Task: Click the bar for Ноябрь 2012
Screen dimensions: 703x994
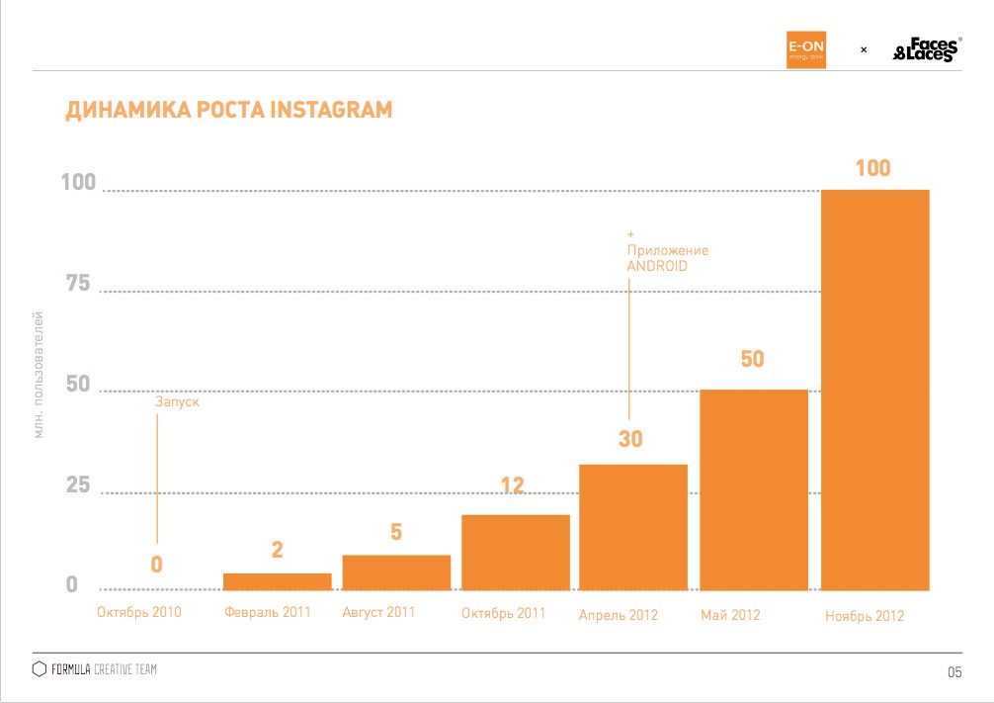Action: pos(874,390)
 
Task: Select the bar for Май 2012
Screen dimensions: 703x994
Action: pos(754,490)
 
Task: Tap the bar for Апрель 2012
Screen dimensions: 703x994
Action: pos(633,527)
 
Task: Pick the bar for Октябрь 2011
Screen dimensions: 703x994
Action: pos(516,553)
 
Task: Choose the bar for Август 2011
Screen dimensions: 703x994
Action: pos(396,572)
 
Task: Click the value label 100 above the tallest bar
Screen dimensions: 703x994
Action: pos(872,168)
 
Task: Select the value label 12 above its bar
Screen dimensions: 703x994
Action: pos(512,485)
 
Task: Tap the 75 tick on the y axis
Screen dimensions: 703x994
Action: pos(77,285)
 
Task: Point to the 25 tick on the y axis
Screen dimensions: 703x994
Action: pos(77,485)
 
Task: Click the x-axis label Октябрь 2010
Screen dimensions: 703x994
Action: pos(139,613)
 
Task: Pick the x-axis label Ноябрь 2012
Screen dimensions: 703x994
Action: pos(865,616)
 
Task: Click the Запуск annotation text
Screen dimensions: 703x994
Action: pos(178,402)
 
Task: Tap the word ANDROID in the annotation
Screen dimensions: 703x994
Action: pos(657,267)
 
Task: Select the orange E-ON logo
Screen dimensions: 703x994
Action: pos(805,48)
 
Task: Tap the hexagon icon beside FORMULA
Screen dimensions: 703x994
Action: pos(40,669)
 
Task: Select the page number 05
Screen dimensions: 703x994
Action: pos(953,673)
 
